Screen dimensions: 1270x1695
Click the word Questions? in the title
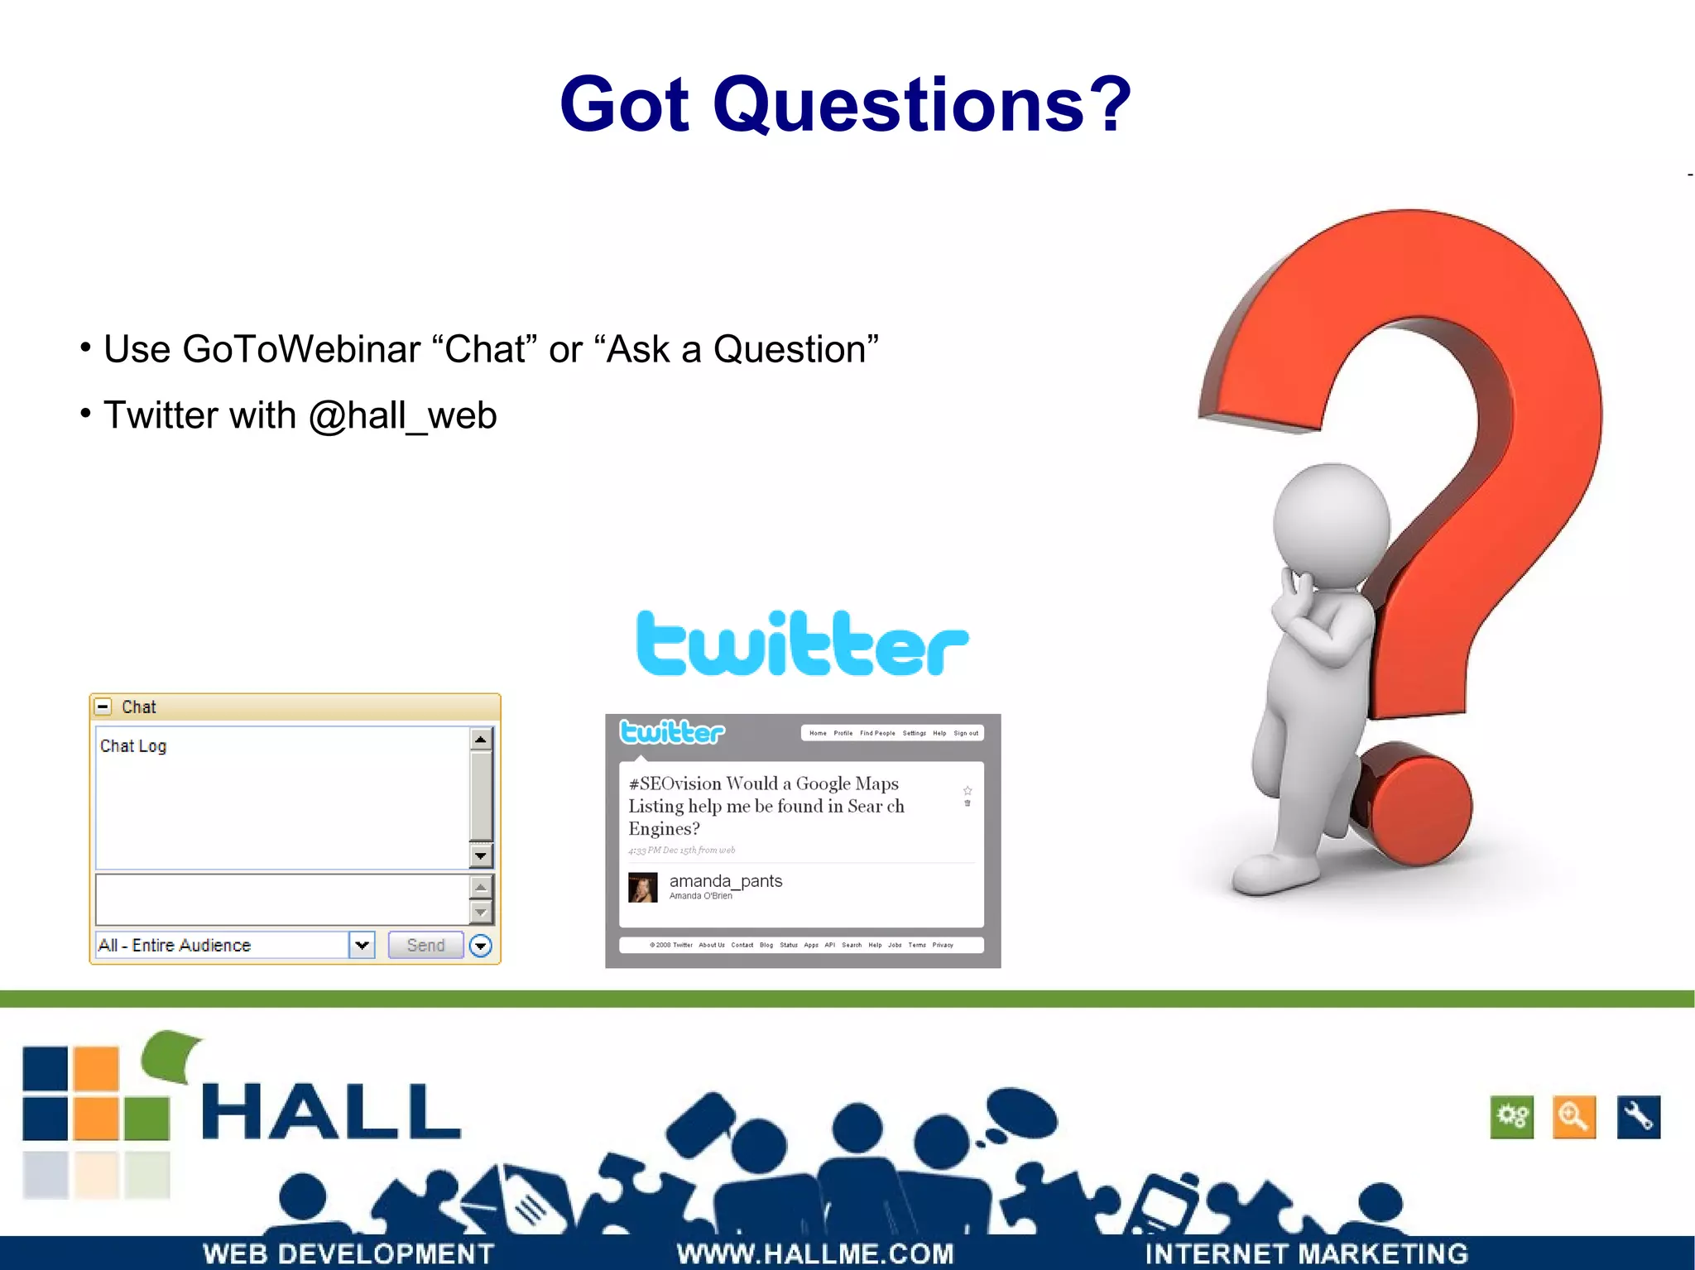922,105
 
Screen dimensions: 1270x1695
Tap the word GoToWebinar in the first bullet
301,349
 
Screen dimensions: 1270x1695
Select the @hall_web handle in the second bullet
402,415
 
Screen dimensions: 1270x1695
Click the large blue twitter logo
801,644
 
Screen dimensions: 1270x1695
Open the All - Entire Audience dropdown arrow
362,945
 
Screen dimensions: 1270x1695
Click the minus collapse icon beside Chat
103,707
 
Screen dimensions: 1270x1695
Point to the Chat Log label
133,746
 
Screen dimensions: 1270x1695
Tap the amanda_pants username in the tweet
725,881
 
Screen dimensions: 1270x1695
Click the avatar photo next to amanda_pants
643,887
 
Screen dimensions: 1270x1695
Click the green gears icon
1511,1117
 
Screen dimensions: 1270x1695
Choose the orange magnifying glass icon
1573,1117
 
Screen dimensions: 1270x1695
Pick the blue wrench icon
1638,1117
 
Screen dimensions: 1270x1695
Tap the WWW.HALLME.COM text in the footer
815,1254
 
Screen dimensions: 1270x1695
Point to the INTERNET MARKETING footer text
1306,1254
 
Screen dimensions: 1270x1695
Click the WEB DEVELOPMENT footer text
348,1254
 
